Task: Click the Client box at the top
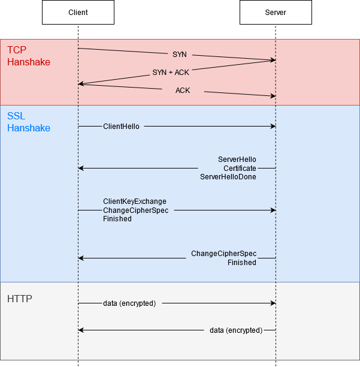78,13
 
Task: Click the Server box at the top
276,13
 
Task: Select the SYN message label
180,55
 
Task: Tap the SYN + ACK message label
171,73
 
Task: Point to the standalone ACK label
183,91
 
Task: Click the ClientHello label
121,127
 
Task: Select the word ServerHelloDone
228,177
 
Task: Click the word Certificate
240,169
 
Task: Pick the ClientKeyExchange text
135,201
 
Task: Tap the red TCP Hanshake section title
28,56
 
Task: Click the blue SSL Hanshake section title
28,122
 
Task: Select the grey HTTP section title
20,299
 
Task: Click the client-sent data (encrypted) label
129,303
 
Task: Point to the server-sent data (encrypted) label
236,330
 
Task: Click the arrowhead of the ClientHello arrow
273,127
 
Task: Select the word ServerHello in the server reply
237,160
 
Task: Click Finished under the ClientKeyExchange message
117,219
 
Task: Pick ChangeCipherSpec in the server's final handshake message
223,254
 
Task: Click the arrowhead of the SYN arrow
273,60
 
